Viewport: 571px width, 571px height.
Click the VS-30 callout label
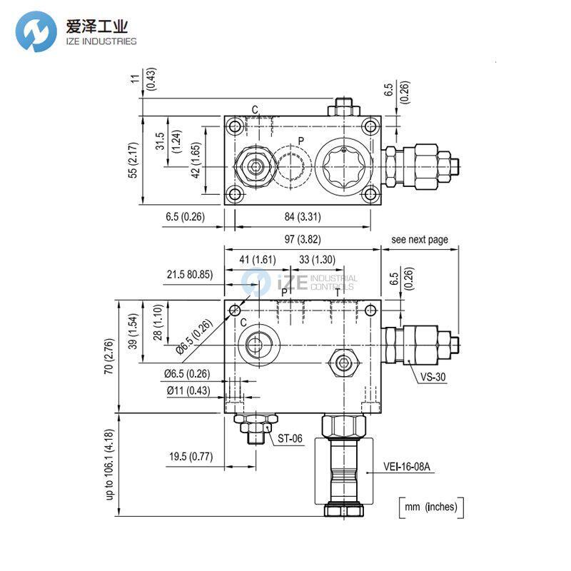[x=433, y=378]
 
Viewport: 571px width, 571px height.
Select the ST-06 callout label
[x=289, y=439]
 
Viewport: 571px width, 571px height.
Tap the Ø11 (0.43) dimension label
[x=187, y=390]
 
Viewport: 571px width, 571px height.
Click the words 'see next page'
[x=420, y=240]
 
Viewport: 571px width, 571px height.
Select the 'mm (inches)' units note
[x=430, y=507]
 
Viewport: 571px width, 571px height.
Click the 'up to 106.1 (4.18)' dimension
[x=109, y=464]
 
